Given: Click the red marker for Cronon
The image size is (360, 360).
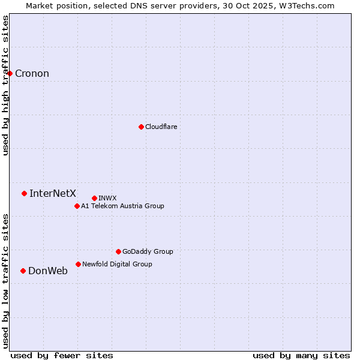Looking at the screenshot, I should [10, 73].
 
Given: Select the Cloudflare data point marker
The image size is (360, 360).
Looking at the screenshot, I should [141, 127].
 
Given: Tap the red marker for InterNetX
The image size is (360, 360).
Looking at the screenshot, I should [25, 193].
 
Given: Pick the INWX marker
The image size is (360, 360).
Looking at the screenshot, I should [94, 198].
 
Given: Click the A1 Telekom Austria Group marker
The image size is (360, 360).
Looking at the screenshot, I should [77, 206].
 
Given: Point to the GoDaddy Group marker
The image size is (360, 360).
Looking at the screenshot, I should [118, 251].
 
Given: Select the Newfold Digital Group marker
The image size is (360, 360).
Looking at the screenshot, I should [78, 264].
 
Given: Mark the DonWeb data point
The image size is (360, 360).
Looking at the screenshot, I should [23, 271].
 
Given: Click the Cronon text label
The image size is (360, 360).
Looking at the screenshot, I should [32, 74].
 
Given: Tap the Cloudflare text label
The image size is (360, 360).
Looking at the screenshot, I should [161, 127].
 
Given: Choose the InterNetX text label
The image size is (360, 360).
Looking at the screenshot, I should [53, 193].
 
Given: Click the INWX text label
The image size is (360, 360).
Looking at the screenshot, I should [107, 199].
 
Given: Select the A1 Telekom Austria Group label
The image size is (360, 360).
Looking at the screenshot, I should [122, 206].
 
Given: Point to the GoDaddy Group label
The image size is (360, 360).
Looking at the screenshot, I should [148, 252].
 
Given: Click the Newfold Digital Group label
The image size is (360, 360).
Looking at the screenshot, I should [117, 265].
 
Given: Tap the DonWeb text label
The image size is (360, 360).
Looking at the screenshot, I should [48, 271].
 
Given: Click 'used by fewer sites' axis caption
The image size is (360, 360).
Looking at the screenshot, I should [62, 356].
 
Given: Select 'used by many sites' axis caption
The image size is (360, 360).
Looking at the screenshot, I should [301, 356].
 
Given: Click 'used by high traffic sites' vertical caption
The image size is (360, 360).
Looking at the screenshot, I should [6, 85].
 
